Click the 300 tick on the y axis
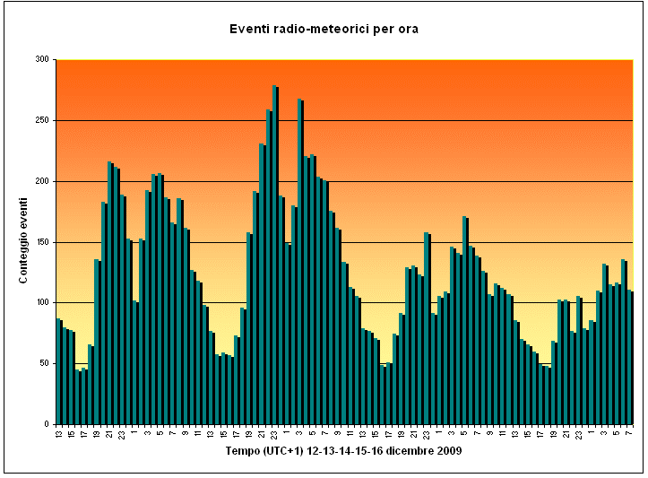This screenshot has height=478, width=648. [42, 59]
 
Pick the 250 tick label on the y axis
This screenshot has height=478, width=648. [42, 120]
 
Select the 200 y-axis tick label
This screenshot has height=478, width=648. [42, 181]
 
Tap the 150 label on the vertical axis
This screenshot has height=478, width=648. [42, 242]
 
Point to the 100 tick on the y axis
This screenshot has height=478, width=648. [42, 302]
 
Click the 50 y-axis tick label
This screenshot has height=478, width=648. [44, 363]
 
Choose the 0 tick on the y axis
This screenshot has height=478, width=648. [47, 424]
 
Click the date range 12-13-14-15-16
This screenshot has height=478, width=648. [345, 451]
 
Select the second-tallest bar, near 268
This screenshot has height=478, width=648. [301, 261]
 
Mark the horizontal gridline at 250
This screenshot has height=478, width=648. [344, 120]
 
